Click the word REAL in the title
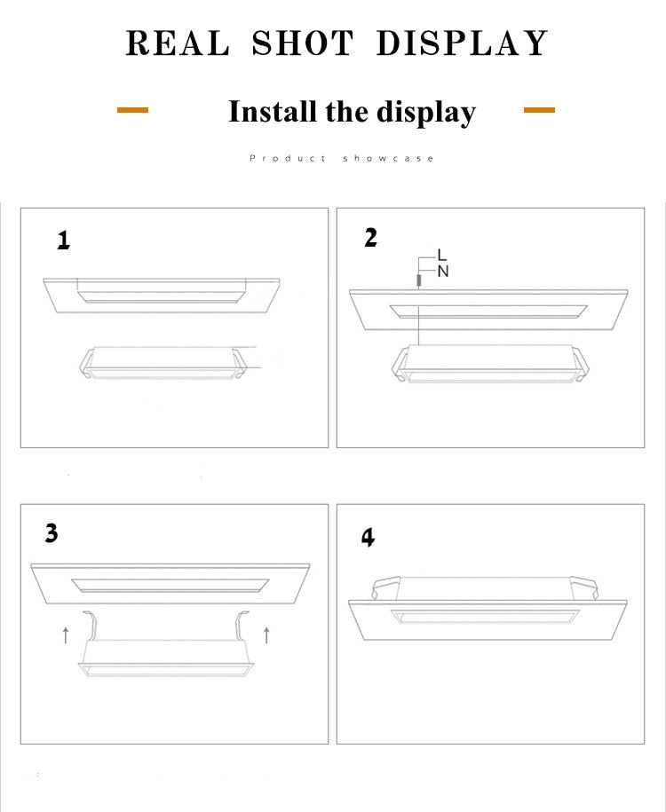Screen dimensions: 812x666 tap(177, 43)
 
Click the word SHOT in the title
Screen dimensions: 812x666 tap(303, 43)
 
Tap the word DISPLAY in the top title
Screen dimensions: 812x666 tap(462, 43)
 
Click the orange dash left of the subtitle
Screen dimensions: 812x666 tap(133, 110)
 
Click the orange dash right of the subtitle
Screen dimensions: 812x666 tap(539, 110)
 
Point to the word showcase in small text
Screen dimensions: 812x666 tap(389, 158)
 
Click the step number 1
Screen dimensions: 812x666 tap(63, 240)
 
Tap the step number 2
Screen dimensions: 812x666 tap(371, 238)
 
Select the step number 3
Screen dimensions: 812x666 tap(52, 533)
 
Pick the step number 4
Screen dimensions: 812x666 tap(368, 537)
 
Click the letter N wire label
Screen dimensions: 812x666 tap(443, 272)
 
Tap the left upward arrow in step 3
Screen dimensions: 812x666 tap(65, 635)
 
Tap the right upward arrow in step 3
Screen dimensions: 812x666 tap(266, 634)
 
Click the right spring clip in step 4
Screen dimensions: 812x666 tap(587, 587)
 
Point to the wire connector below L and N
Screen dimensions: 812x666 tap(418, 281)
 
